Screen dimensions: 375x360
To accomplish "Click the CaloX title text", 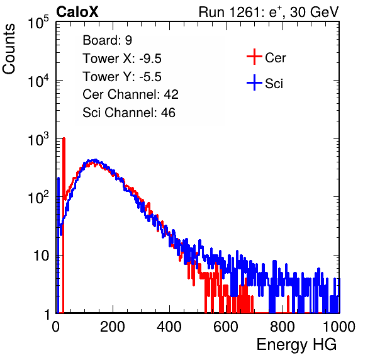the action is (77, 12).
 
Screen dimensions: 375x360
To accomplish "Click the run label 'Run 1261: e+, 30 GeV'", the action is (269, 12).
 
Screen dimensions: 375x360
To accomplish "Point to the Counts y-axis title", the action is (9, 49).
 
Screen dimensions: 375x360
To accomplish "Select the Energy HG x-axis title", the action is (296, 345).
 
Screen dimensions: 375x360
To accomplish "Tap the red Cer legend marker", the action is (254, 57).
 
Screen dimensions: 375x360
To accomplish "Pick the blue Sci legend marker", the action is (254, 83).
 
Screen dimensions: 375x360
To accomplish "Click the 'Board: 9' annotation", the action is (107, 40).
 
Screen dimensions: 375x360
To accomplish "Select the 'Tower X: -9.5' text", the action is (122, 59).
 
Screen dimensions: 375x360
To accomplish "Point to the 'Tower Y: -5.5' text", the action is (122, 77).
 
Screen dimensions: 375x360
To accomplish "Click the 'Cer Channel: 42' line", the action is (131, 94).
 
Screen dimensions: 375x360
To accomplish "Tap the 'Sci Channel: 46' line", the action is (129, 113).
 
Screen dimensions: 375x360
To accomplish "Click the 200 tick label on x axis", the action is (113, 327).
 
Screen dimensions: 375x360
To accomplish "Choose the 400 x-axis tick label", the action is (169, 327).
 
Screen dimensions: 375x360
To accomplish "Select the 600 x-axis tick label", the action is (226, 327).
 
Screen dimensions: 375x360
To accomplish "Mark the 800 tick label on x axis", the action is (283, 327).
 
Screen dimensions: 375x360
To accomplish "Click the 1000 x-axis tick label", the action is (339, 327).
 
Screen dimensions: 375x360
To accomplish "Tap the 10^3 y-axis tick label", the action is (38, 139).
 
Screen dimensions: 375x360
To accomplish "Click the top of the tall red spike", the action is (64, 138).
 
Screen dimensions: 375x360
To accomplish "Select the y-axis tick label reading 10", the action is (41, 256).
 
